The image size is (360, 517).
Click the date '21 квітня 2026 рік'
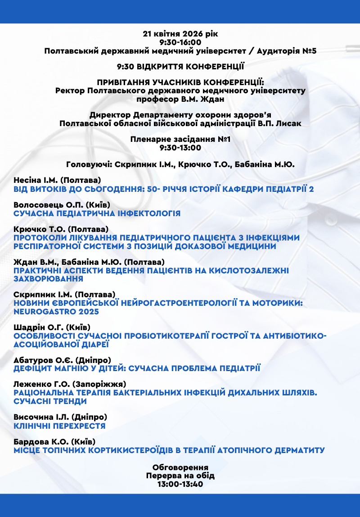coord(180,34)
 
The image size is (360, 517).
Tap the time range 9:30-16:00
coord(180,42)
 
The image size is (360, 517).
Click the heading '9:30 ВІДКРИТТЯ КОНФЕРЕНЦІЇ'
coord(180,67)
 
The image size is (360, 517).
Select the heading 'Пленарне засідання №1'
coord(180,139)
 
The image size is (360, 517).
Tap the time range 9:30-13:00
coord(180,148)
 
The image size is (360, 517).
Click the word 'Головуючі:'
coord(89,164)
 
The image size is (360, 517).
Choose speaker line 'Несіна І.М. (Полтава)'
coord(57,180)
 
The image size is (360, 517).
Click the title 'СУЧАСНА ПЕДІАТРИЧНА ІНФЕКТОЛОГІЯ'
coord(97,213)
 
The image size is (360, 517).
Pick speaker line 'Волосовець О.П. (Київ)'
coord(62,204)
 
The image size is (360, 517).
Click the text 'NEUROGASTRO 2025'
coord(56,311)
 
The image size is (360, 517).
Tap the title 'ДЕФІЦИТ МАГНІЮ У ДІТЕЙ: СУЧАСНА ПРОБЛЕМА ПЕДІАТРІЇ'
coord(137,368)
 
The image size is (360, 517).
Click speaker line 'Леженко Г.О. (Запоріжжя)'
coord(70,384)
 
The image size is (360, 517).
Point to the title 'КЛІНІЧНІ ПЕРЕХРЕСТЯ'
coord(59,426)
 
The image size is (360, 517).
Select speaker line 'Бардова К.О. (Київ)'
coord(54,441)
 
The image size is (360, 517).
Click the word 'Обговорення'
coord(180,467)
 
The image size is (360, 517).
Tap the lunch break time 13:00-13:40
coord(180,484)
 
